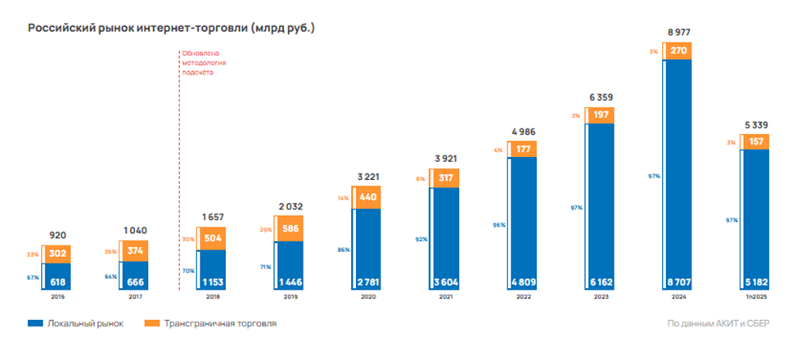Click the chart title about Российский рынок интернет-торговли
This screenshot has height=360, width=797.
pos(171,28)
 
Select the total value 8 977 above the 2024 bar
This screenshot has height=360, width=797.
pos(678,32)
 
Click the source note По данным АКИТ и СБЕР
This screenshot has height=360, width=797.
pos(718,324)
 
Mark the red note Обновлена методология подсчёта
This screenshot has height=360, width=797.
pos(204,62)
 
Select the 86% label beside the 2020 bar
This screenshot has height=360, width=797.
pos(345,249)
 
